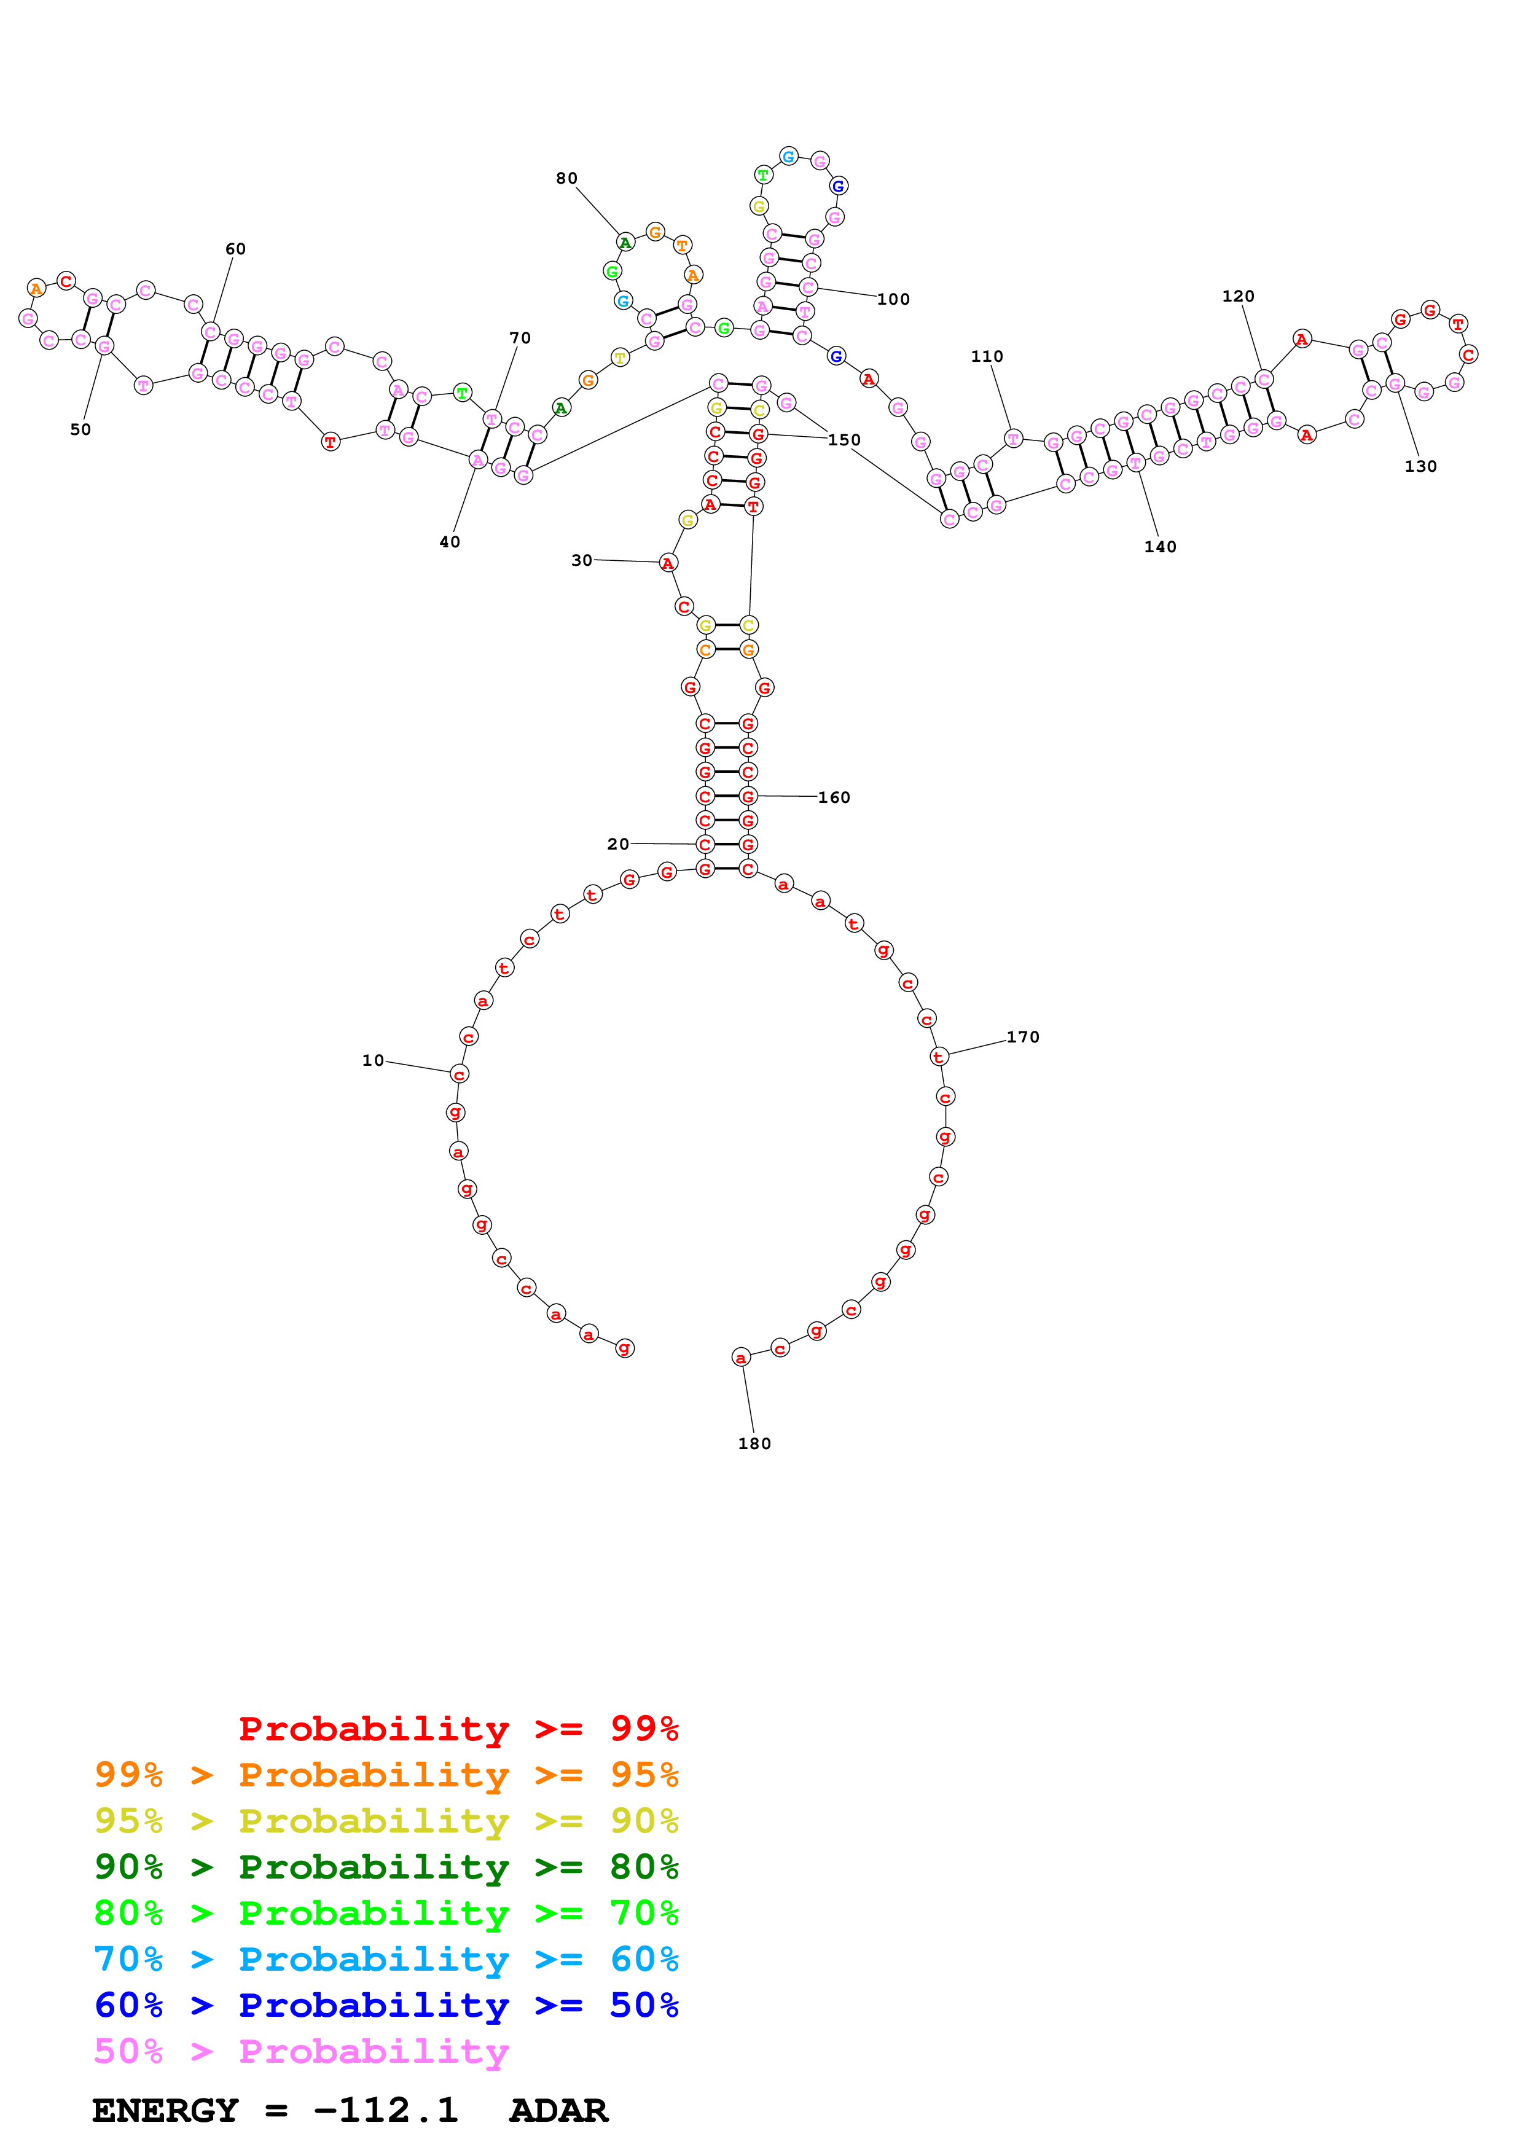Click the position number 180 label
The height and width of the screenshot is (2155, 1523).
[754, 1444]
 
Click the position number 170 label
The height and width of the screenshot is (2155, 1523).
[1023, 1037]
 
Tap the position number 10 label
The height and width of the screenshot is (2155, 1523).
[372, 1060]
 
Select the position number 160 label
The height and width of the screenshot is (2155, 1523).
[833, 798]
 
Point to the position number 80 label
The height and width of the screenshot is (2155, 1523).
[567, 178]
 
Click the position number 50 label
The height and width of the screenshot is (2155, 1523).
[80, 430]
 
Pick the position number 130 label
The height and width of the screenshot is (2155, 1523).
[1420, 466]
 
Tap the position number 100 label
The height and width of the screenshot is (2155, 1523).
[893, 299]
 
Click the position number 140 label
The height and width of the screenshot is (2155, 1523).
[1160, 547]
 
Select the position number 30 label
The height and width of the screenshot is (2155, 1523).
[582, 560]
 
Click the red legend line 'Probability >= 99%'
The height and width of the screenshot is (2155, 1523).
[458, 1729]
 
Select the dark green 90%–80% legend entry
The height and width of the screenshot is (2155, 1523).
[386, 1867]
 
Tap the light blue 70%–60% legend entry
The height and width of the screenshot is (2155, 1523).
[386, 1959]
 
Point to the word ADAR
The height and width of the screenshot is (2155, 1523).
[558, 2110]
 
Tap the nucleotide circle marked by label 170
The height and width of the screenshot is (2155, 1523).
[938, 1058]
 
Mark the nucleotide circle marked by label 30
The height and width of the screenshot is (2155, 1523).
[667, 563]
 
